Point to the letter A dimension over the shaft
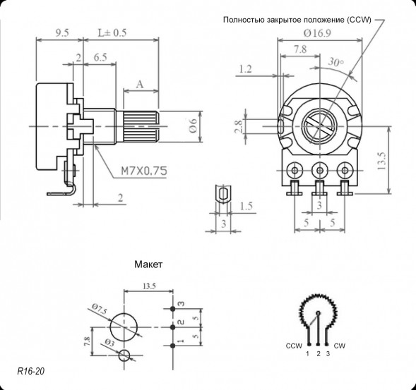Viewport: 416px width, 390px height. (140, 84)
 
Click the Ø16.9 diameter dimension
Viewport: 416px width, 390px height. (317, 32)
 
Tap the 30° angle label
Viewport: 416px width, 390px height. (336, 63)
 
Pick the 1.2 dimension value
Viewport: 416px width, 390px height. (246, 69)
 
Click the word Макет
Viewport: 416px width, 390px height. (148, 266)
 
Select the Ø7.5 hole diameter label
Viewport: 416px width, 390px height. (99, 308)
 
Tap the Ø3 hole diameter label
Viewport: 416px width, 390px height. (108, 343)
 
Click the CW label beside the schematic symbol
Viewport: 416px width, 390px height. (339, 346)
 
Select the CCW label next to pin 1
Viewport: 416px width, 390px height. (294, 346)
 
